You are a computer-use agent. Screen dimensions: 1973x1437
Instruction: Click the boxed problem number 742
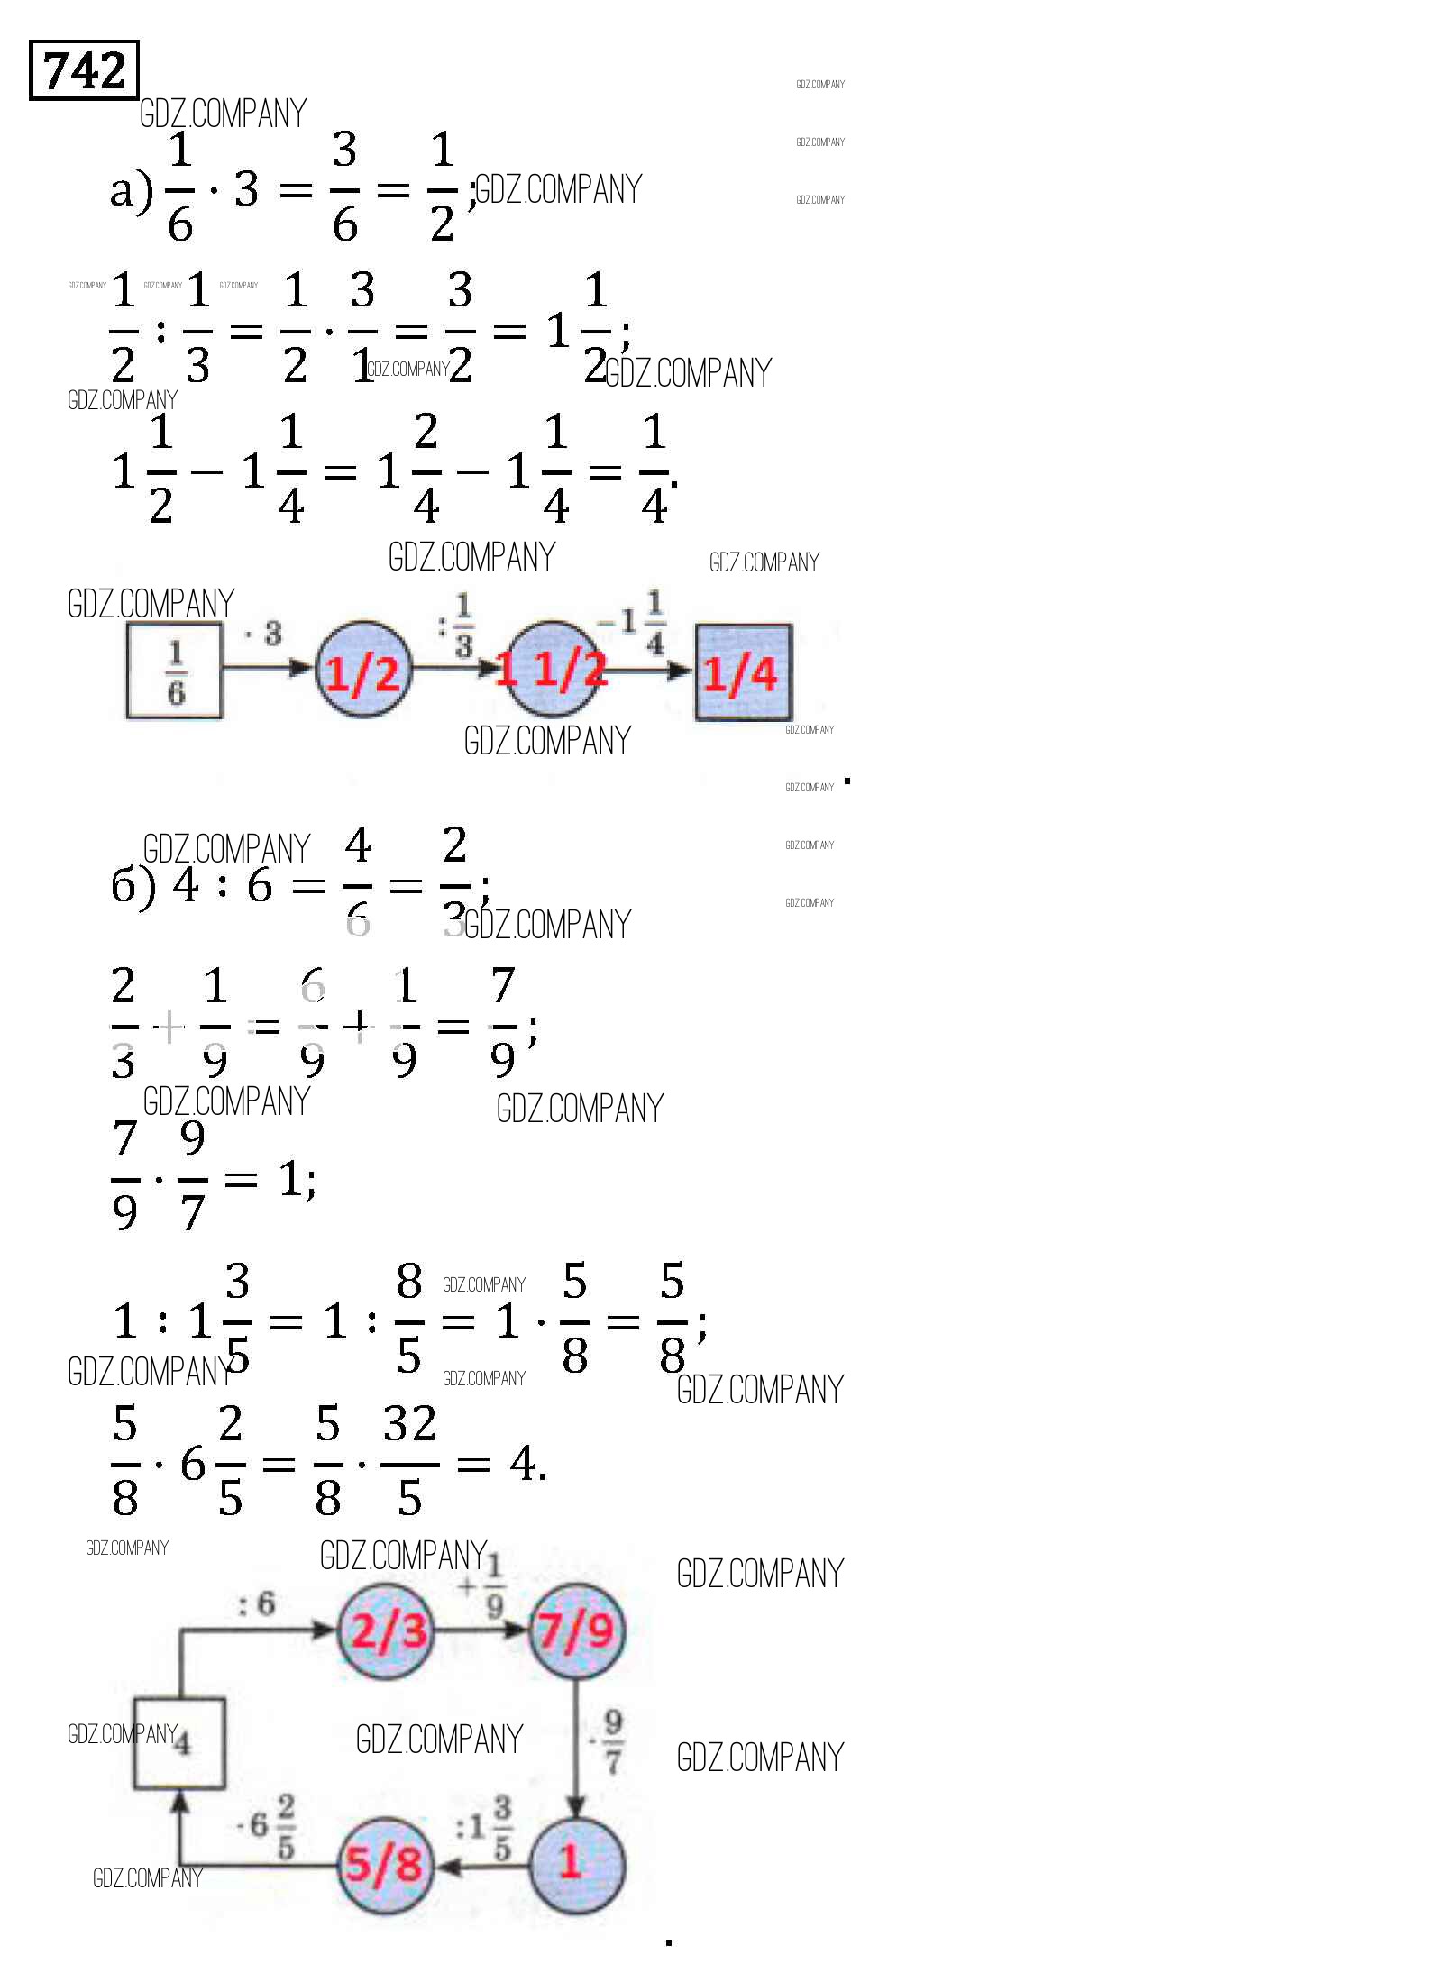(x=84, y=69)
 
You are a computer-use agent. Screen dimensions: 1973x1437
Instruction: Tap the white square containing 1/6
(x=175, y=671)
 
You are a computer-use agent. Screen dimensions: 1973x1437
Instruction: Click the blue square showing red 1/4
(x=743, y=672)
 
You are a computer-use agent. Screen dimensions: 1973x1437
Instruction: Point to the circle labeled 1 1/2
(x=553, y=670)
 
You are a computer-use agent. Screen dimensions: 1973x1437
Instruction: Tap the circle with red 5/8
(x=385, y=1865)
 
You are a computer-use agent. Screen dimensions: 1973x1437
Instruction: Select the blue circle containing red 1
(x=575, y=1865)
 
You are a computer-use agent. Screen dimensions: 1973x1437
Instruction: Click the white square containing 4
(x=179, y=1743)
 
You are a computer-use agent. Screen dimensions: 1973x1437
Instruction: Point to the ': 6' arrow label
(x=256, y=1603)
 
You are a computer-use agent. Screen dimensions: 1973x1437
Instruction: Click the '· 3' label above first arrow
(x=264, y=634)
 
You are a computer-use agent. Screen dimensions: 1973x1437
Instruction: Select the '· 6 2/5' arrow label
(x=267, y=1825)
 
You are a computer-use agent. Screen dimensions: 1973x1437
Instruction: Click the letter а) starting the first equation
(x=132, y=191)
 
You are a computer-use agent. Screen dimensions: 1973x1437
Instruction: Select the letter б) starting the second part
(x=133, y=887)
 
